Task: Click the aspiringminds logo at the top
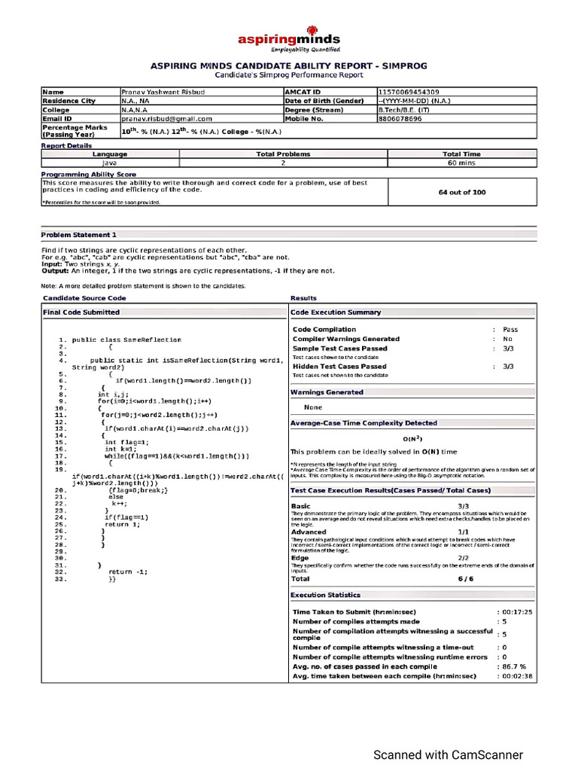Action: [289, 41]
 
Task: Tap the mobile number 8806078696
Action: [400, 118]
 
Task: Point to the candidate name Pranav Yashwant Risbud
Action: [163, 91]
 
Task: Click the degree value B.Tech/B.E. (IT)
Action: [406, 109]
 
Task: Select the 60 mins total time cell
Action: [461, 162]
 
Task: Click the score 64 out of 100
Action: [461, 192]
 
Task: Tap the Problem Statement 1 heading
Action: [79, 235]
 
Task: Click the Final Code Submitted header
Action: [81, 312]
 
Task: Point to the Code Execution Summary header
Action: [336, 312]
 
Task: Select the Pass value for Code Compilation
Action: [510, 329]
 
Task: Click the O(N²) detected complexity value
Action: [411, 438]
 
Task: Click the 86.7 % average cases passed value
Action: [516, 666]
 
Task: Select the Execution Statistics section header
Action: [326, 595]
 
